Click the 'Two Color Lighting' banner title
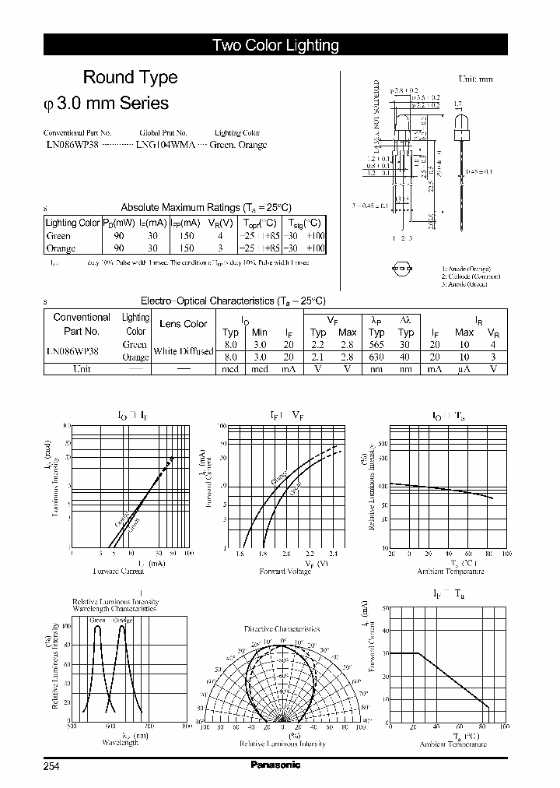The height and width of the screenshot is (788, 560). pos(275,45)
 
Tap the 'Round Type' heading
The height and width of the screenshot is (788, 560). pos(130,77)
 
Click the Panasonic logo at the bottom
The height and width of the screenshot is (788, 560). pos(275,765)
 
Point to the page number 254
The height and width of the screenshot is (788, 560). pos(51,765)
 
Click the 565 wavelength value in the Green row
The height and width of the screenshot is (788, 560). pos(376,344)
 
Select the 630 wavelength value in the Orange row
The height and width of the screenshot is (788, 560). pos(376,357)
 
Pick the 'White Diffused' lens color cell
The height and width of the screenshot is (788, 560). pos(183,351)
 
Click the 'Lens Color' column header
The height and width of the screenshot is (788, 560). pos(183,324)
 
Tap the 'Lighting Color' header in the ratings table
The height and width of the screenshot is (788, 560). pos(73,223)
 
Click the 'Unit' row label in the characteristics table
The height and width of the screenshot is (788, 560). pos(82,369)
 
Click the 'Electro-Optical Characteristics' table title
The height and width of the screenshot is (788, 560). pos(233,301)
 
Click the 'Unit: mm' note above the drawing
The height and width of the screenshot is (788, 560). pos(475,79)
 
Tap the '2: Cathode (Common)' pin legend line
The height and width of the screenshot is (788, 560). pos(471,276)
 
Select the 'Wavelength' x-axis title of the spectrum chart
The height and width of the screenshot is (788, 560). pos(121,743)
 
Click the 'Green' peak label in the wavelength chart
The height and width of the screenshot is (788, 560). pos(97,621)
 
